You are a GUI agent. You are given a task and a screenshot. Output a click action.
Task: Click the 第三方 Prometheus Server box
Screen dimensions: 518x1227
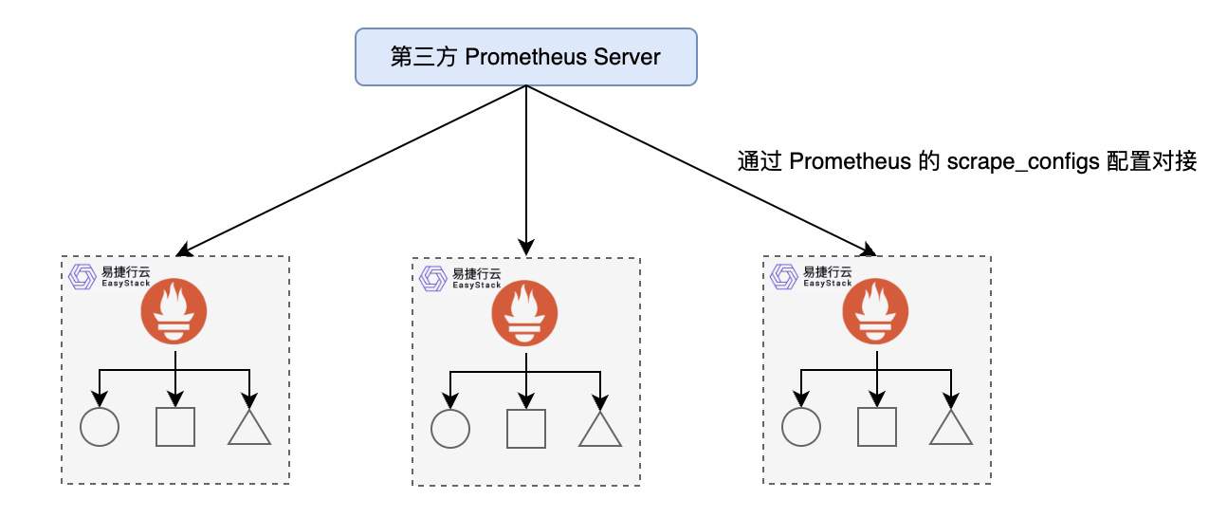(525, 56)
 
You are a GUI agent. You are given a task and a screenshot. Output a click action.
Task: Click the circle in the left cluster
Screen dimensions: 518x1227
(100, 427)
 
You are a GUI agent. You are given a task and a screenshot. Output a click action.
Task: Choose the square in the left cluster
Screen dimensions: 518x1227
(175, 427)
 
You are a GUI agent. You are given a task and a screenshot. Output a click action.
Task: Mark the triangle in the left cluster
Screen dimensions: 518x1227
(249, 429)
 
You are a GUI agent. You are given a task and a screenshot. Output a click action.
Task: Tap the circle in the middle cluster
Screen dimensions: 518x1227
(450, 429)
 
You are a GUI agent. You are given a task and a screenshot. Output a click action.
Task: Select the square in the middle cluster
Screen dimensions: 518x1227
(526, 429)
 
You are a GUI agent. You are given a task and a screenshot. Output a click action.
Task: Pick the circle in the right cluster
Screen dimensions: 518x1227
(801, 428)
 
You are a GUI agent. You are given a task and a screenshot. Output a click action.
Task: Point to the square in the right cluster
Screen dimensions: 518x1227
(877, 428)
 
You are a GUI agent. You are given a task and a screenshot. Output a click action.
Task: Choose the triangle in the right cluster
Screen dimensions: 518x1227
(951, 430)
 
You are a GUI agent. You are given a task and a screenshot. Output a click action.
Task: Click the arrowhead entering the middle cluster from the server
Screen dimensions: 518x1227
(526, 250)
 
